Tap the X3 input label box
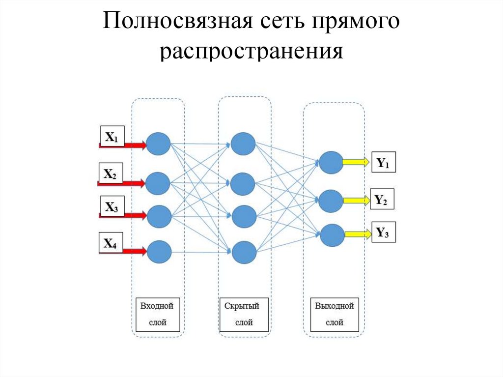112,206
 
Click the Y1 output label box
383,162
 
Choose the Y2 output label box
381,199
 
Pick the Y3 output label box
383,232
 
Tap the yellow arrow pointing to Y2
356,200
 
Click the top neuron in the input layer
158,144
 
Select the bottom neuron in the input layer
159,252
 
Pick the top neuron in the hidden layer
243,144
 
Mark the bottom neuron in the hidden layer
244,253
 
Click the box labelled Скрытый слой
244,314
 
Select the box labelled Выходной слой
335,314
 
